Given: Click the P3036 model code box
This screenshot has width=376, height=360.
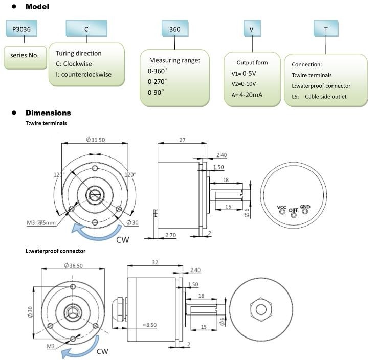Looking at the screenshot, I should click(21, 29).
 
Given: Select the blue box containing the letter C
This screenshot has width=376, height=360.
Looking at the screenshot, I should click(86, 29).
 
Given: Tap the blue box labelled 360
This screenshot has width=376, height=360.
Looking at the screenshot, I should click(175, 29).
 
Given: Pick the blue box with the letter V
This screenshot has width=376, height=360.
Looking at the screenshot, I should click(251, 29).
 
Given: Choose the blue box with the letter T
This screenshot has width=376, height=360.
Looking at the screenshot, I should click(326, 29).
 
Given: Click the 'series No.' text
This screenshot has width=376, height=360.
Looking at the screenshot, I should click(25, 55).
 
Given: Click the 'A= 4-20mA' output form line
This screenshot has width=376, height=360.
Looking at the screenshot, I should click(247, 95).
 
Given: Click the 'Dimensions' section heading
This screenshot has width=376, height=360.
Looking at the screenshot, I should click(48, 113).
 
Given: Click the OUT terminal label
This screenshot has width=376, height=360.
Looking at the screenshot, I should click(293, 210).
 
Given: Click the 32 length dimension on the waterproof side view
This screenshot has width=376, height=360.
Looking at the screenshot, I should click(155, 262).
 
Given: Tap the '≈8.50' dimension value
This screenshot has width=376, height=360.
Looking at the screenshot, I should click(150, 325).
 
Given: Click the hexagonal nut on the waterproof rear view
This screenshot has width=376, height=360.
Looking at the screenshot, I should click(261, 309).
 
